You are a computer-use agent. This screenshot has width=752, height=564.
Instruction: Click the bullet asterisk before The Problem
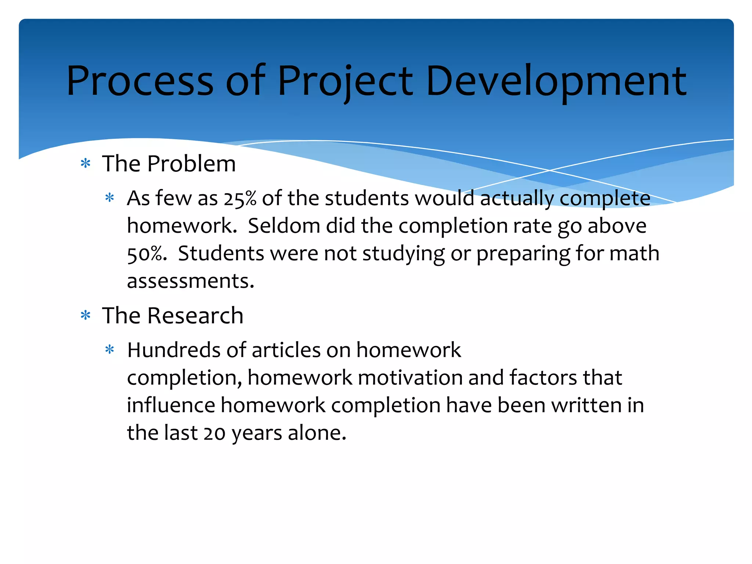click(86, 163)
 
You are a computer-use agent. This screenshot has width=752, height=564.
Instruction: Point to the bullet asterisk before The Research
click(86, 315)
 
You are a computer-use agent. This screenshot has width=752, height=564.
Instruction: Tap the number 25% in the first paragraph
click(240, 199)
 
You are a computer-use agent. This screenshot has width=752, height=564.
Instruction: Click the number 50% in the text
click(145, 254)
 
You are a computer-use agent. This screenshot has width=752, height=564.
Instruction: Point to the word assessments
click(190, 281)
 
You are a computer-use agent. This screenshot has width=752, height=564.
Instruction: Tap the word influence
click(171, 405)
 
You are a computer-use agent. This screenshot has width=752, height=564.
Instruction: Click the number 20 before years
click(215, 433)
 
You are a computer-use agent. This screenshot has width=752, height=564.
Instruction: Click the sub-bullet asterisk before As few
click(110, 198)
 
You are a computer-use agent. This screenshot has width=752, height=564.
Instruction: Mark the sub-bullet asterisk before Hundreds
click(110, 350)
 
